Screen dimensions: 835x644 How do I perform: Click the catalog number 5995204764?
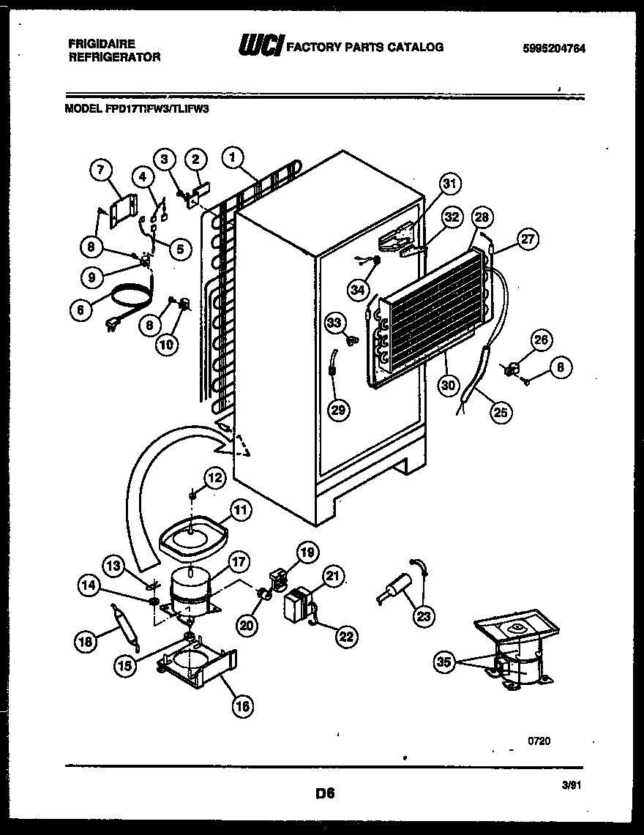(554, 48)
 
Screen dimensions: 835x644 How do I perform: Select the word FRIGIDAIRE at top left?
(102, 44)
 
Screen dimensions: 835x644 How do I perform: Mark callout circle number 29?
(337, 410)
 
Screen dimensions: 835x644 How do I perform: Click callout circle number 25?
(501, 412)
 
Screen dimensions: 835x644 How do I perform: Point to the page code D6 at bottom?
(325, 793)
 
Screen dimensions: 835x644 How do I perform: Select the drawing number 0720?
(539, 741)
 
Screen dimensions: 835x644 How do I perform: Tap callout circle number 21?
(333, 578)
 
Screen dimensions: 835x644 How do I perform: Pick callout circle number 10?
(168, 343)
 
